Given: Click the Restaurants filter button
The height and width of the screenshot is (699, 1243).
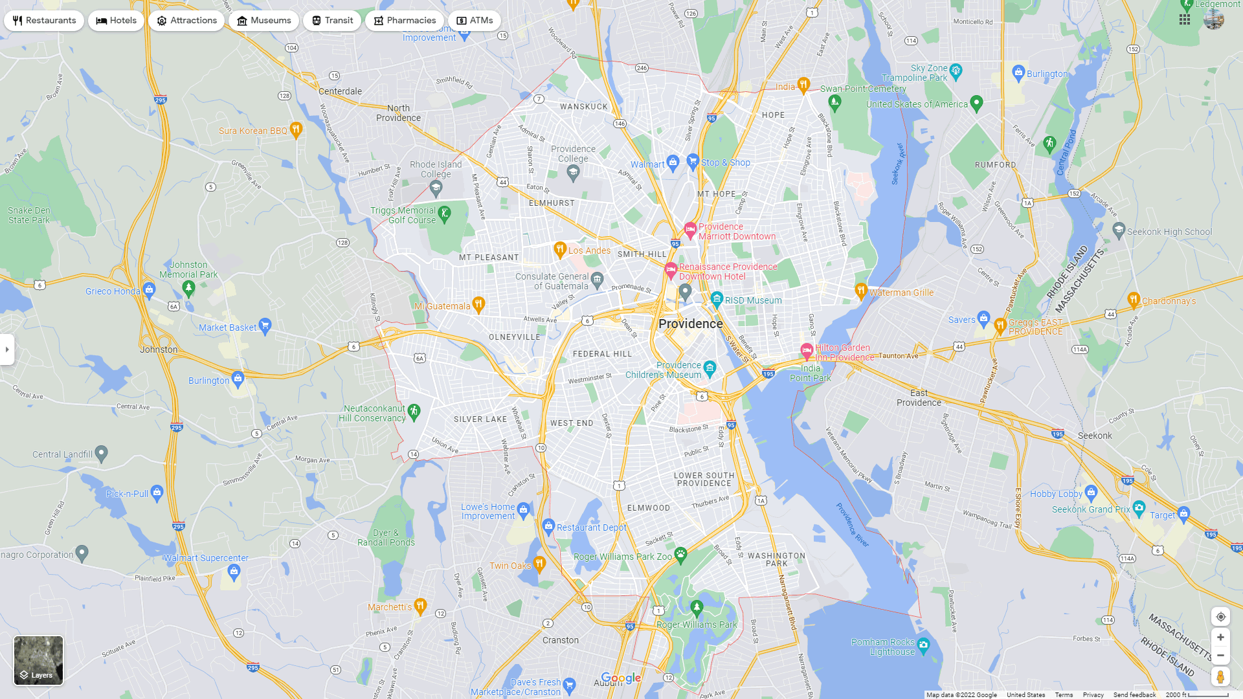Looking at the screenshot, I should click(44, 21).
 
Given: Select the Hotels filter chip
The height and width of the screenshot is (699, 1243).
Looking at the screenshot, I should click(117, 21).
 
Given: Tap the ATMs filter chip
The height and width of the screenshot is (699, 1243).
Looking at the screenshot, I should click(475, 21).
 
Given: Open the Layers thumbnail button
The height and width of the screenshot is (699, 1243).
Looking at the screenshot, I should click(39, 660).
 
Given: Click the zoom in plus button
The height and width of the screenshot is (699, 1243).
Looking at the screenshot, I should click(1220, 638).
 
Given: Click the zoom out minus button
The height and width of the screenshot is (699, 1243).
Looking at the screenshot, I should click(1220, 656).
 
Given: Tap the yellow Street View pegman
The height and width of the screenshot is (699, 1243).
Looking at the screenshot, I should click(1220, 677).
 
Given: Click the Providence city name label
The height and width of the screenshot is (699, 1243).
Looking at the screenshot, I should click(690, 324).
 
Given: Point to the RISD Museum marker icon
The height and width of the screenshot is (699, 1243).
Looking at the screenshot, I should click(717, 298).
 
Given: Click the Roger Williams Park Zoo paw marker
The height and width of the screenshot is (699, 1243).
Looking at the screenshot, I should click(680, 554).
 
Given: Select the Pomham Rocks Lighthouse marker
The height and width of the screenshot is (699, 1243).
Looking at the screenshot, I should click(924, 645).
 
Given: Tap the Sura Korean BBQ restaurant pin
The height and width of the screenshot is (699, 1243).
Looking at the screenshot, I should click(296, 129).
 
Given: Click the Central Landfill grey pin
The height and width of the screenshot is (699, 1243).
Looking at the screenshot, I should click(102, 453).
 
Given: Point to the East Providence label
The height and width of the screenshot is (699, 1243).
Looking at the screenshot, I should click(919, 397).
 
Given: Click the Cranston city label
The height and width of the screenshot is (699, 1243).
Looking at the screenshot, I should click(561, 640).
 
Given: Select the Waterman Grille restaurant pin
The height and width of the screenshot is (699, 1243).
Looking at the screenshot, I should click(861, 290).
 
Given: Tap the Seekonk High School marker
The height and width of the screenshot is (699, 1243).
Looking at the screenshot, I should click(1119, 230).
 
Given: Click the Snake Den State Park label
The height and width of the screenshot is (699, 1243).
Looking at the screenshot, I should click(29, 215).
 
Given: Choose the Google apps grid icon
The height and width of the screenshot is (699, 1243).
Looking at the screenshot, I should click(1185, 19).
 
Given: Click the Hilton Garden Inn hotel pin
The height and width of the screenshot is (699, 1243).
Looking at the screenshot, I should click(807, 350).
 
